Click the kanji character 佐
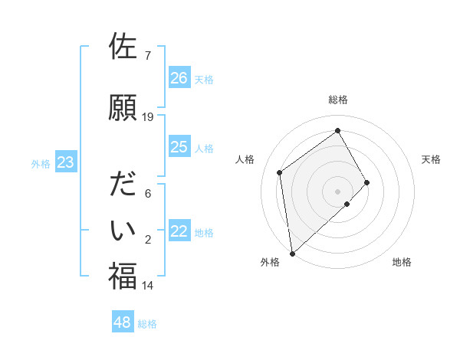123,47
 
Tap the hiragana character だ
123,185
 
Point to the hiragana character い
123,229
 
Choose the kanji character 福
123,276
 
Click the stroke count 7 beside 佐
147,56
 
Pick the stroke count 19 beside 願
148,117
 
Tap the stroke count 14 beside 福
148,286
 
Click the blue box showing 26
179,77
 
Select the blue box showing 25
179,147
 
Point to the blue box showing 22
179,231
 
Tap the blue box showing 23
65,162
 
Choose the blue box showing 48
123,322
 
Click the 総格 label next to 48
147,324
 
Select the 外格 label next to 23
41,163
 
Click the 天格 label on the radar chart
431,159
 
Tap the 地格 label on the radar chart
402,262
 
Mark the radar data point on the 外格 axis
291,253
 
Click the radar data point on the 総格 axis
337,131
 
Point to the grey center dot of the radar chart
337,190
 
